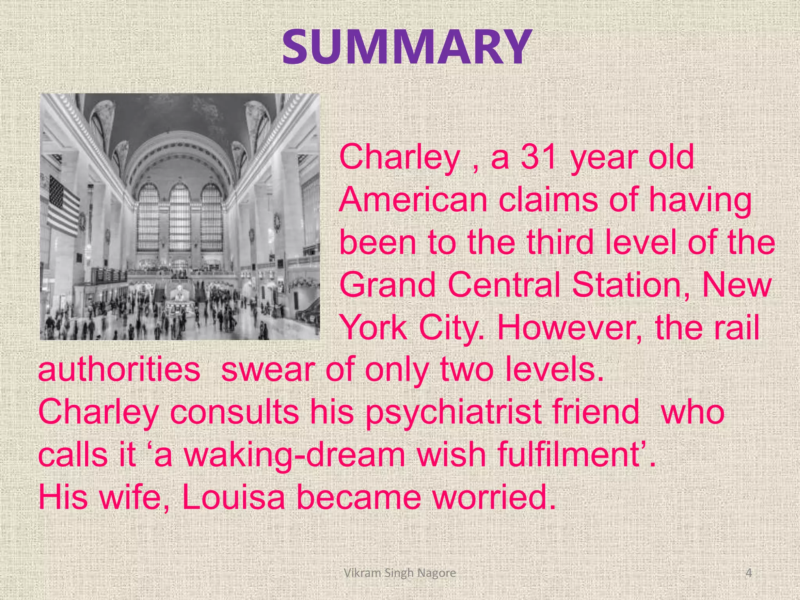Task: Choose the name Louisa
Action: pyautogui.click(x=234, y=498)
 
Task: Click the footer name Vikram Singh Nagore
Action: pyautogui.click(x=400, y=573)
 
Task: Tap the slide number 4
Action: pyautogui.click(x=748, y=573)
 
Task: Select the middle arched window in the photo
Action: pyautogui.click(x=180, y=219)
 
